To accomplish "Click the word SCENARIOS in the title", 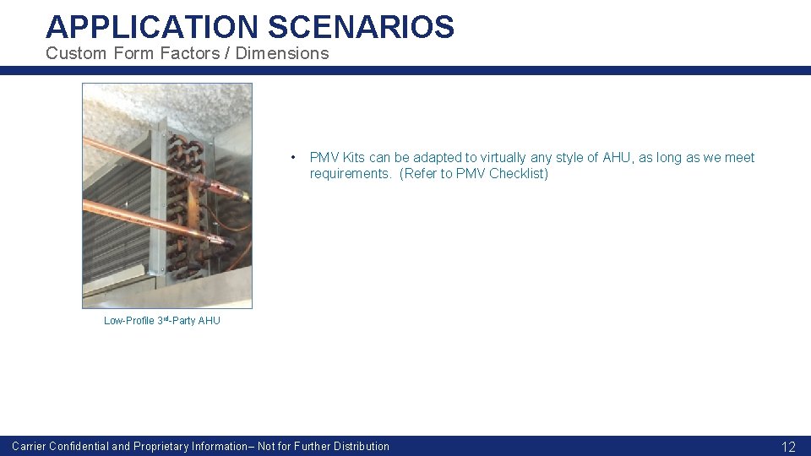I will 362,27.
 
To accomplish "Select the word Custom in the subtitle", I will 74,53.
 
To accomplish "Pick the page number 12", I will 788,447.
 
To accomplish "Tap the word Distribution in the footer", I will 362,447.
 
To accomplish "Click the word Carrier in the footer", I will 29,447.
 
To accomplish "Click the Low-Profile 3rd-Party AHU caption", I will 161,321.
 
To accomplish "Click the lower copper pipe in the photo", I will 144,218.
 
